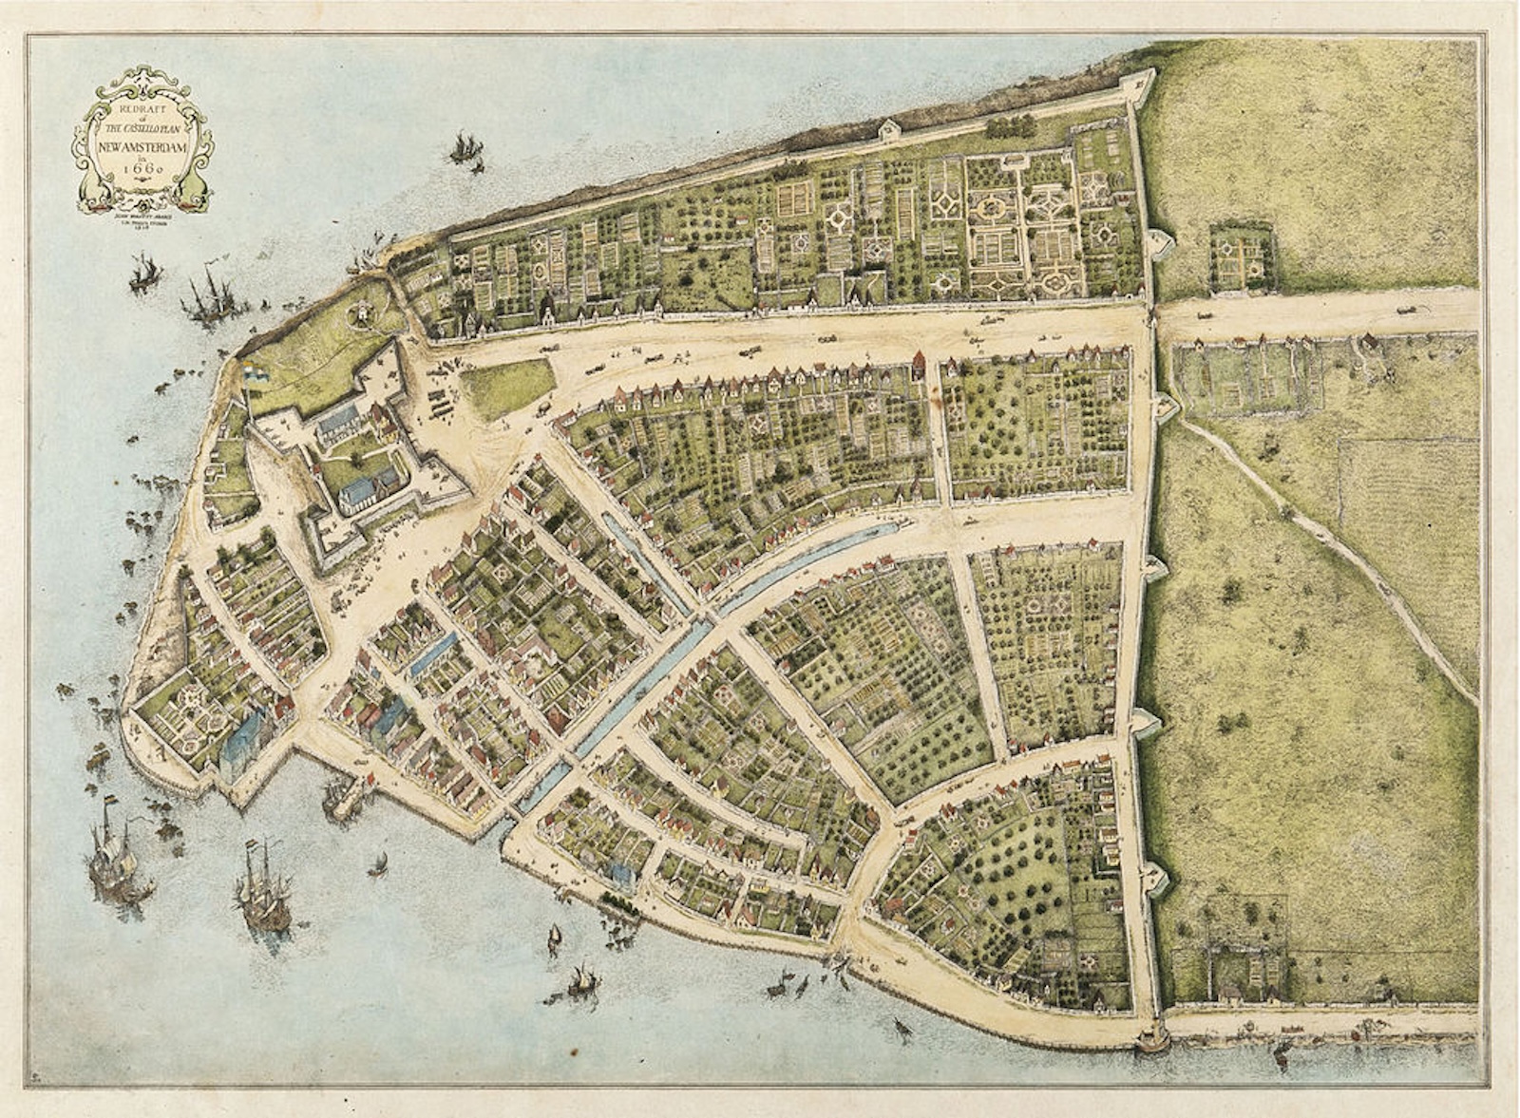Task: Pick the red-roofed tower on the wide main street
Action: click(917, 365)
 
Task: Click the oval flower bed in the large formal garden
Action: click(994, 205)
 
